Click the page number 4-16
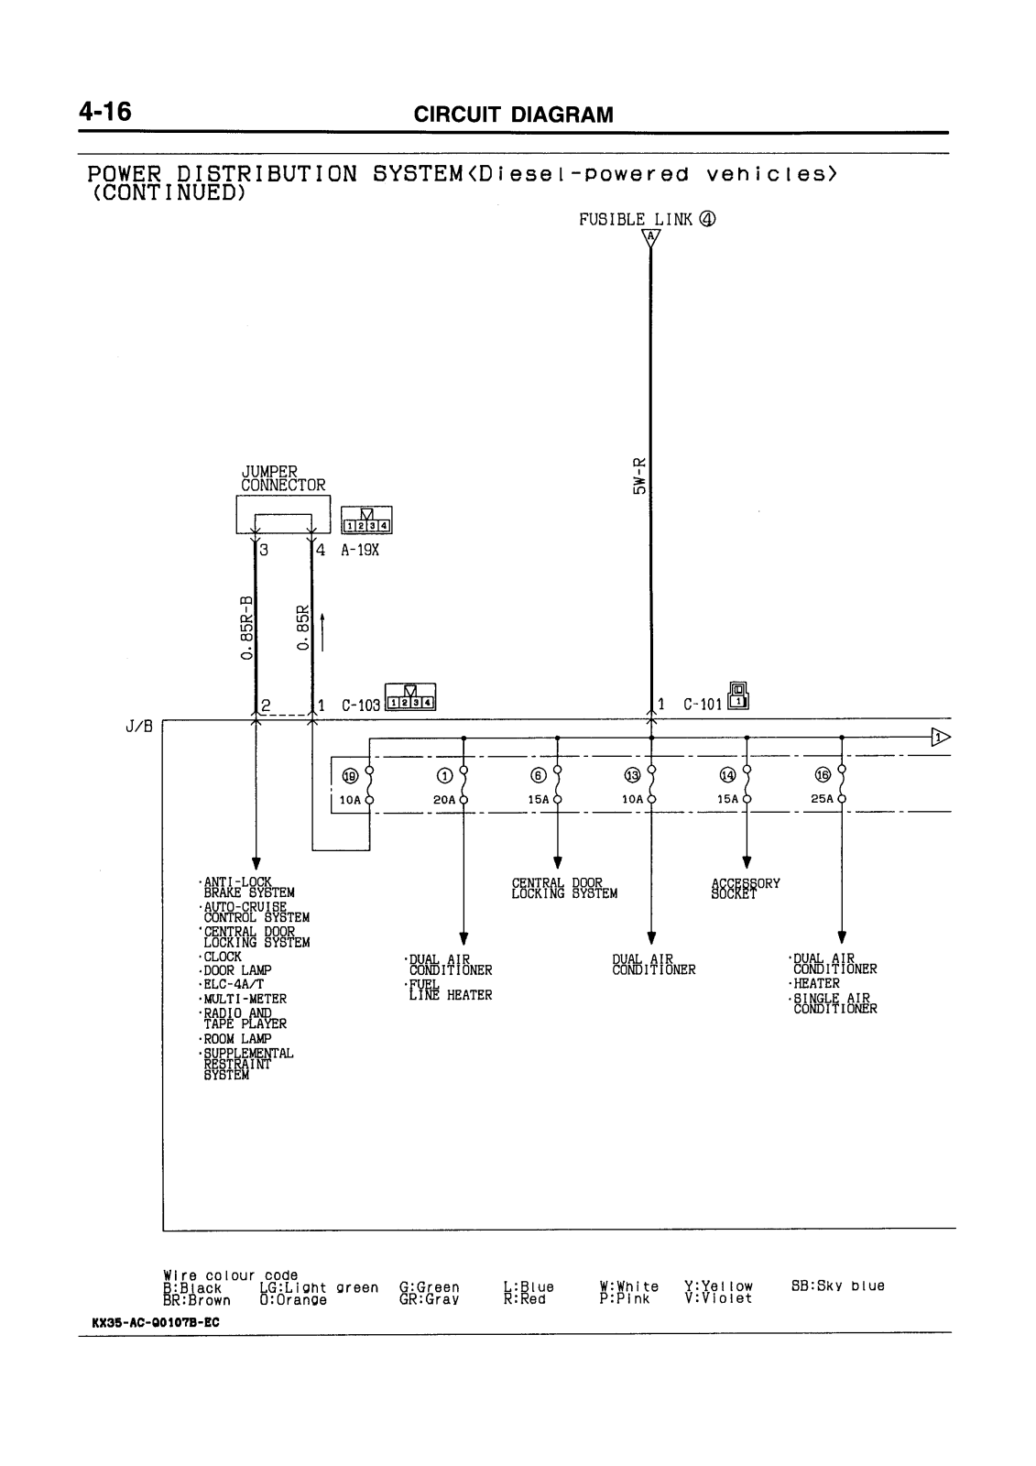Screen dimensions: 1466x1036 [105, 112]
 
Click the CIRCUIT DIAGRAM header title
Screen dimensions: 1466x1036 [513, 115]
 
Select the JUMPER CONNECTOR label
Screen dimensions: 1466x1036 [282, 478]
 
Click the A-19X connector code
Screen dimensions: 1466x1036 [360, 552]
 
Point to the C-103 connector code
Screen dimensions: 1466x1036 [360, 706]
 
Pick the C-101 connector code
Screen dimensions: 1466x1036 [702, 706]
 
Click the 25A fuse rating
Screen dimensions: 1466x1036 [823, 799]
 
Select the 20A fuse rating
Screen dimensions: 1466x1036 [444, 799]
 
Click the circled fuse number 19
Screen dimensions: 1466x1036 [350, 776]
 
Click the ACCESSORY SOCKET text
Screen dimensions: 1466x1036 [746, 889]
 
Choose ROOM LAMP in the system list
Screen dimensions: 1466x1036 [236, 1039]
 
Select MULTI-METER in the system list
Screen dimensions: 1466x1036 [244, 999]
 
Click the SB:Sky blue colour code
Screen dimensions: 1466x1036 [837, 1286]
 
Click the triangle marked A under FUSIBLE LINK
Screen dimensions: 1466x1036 [650, 237]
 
